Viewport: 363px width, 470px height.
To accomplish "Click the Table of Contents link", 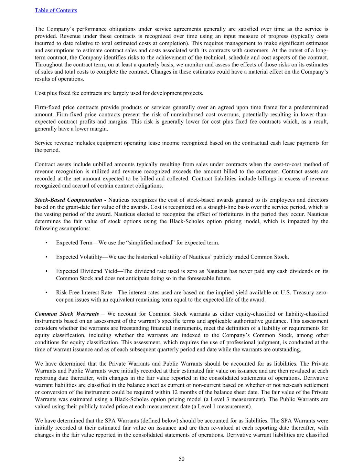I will [x=56, y=10].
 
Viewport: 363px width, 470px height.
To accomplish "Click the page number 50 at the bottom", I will [x=181, y=459].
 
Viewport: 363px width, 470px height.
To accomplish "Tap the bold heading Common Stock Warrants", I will [x=67, y=314].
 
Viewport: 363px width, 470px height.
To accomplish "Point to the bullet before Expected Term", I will [x=46, y=243].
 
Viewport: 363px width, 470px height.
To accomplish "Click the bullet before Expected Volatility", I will [x=46, y=257].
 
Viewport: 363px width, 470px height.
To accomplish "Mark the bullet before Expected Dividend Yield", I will [x=46, y=271].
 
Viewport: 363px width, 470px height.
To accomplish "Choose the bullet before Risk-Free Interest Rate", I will [x=46, y=293].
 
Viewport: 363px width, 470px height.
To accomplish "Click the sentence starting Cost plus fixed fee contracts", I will [x=119, y=93].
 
